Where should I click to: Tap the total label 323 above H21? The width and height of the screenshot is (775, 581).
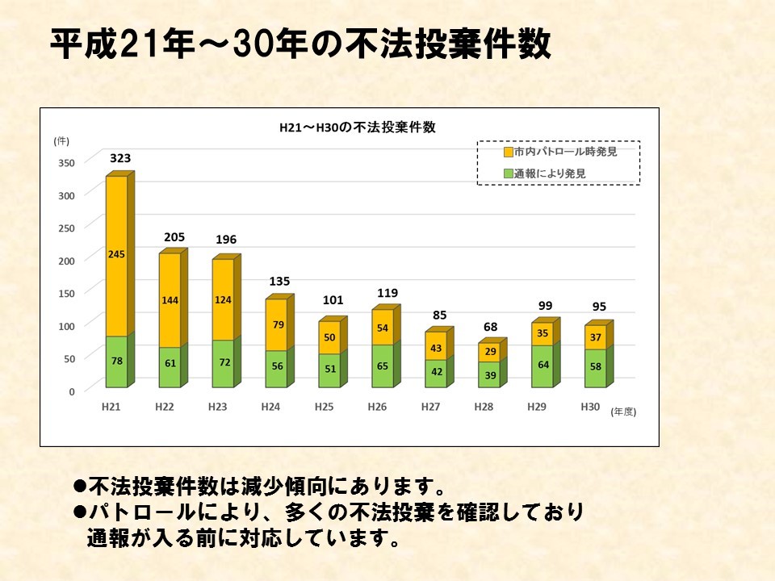point(120,159)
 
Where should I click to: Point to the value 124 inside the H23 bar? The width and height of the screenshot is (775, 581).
point(224,300)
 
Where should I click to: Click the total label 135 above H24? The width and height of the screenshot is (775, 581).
point(278,281)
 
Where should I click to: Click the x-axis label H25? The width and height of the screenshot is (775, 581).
point(324,408)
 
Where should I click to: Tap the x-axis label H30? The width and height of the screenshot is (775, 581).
point(590,407)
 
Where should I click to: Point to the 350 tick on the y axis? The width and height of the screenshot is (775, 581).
point(66,163)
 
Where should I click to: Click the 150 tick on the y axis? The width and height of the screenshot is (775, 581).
point(66,293)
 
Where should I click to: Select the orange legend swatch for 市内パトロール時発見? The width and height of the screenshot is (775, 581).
point(508,152)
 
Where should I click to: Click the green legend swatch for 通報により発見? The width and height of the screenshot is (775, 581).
point(508,173)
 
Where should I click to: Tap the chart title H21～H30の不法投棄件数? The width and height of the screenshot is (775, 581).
point(357,127)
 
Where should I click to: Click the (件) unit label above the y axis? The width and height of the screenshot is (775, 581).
point(61,140)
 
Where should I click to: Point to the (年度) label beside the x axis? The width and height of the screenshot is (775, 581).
point(623,412)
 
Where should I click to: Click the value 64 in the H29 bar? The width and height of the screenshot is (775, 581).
point(542,365)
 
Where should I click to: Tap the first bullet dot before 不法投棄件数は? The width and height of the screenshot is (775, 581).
point(79,487)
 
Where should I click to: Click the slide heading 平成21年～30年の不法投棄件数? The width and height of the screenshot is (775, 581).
point(300,45)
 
